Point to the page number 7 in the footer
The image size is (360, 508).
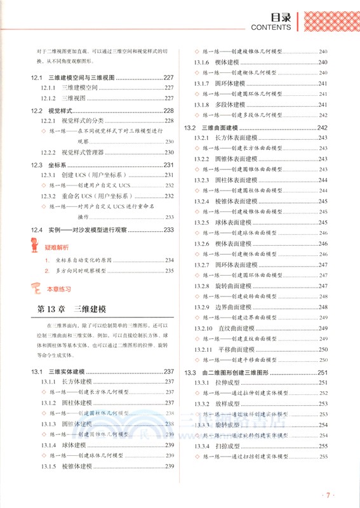328,494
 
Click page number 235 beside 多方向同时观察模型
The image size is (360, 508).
170,271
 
